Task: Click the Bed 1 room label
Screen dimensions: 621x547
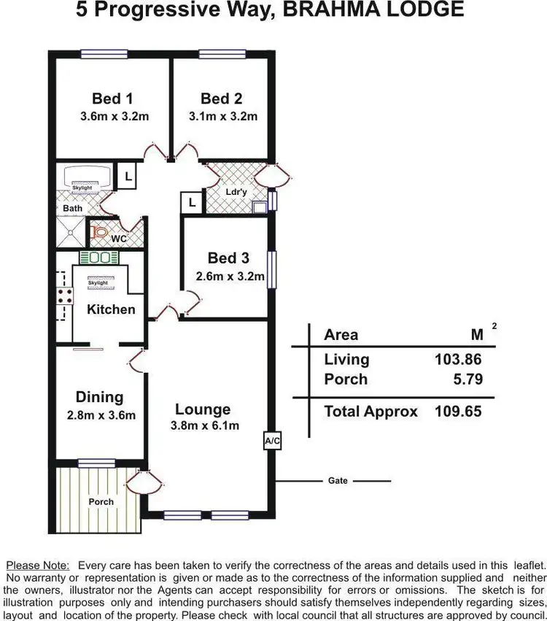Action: [x=112, y=99]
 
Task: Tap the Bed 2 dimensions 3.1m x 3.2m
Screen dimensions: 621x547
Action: [x=222, y=116]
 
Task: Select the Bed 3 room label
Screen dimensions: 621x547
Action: [x=228, y=258]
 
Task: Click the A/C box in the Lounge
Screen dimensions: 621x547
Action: [x=271, y=441]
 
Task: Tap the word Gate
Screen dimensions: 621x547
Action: [x=338, y=481]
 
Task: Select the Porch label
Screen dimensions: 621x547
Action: [x=101, y=502]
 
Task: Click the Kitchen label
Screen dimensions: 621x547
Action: [x=111, y=309]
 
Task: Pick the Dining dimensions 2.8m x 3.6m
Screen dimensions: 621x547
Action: [x=101, y=416]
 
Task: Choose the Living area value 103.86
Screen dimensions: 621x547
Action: [x=457, y=359]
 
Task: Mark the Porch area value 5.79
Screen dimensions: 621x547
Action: [x=466, y=379]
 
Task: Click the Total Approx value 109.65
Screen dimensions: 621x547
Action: [x=457, y=412]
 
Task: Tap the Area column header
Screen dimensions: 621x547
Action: [x=341, y=335]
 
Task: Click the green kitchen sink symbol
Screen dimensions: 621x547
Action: [x=98, y=257]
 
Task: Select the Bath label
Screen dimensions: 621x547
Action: [x=72, y=208]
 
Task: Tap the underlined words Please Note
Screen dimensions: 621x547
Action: [x=38, y=565]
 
